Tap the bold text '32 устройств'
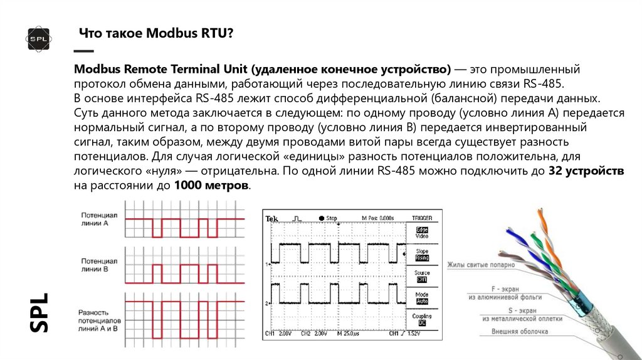(x=586, y=171)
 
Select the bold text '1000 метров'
(x=212, y=186)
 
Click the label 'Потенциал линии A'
(x=95, y=218)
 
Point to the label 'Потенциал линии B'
(x=95, y=264)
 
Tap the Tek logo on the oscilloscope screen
(x=272, y=218)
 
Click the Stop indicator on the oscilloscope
(x=329, y=218)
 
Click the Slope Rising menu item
(x=422, y=255)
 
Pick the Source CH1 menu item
(x=422, y=276)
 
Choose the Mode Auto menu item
(x=422, y=298)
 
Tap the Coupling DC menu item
(x=422, y=320)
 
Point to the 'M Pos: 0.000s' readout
(x=377, y=218)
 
